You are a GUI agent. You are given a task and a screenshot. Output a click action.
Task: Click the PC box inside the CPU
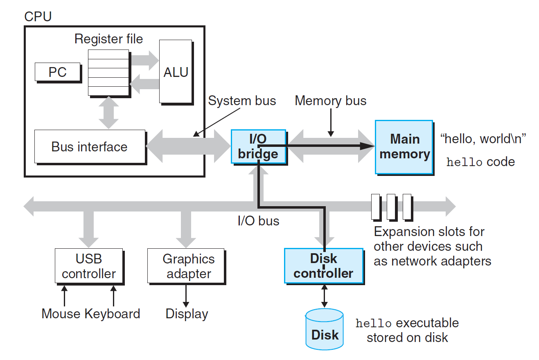pyautogui.click(x=57, y=72)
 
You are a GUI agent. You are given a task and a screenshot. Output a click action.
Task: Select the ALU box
pyautogui.click(x=176, y=72)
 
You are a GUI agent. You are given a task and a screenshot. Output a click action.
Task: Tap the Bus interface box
pyautogui.click(x=90, y=146)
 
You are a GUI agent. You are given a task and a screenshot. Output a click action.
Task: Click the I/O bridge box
pyautogui.click(x=258, y=146)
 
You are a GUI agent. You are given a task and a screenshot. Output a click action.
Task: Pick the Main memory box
pyautogui.click(x=404, y=146)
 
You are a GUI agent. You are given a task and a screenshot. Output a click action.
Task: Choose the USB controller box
pyautogui.click(x=89, y=266)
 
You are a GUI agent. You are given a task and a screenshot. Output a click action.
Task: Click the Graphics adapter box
pyautogui.click(x=186, y=266)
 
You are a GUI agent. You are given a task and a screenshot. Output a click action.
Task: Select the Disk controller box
pyautogui.click(x=323, y=265)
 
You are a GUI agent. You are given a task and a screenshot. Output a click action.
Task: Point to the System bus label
pyautogui.click(x=242, y=101)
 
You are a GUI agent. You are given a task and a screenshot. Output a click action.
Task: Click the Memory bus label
pyautogui.click(x=330, y=101)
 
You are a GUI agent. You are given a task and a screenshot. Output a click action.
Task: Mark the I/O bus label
pyautogui.click(x=258, y=221)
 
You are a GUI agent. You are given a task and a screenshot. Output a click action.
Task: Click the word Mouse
pyautogui.click(x=61, y=314)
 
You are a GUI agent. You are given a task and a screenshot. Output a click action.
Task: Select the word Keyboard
pyautogui.click(x=113, y=314)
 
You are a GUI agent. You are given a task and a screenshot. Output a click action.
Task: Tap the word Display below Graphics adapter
pyautogui.click(x=187, y=314)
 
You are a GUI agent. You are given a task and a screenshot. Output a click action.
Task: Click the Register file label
pyautogui.click(x=108, y=39)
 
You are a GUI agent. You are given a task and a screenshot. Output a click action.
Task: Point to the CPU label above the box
pyautogui.click(x=38, y=17)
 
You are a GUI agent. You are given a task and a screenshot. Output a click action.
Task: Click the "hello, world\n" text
pyautogui.click(x=483, y=139)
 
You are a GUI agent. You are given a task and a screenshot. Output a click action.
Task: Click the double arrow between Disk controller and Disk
pyautogui.click(x=325, y=296)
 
